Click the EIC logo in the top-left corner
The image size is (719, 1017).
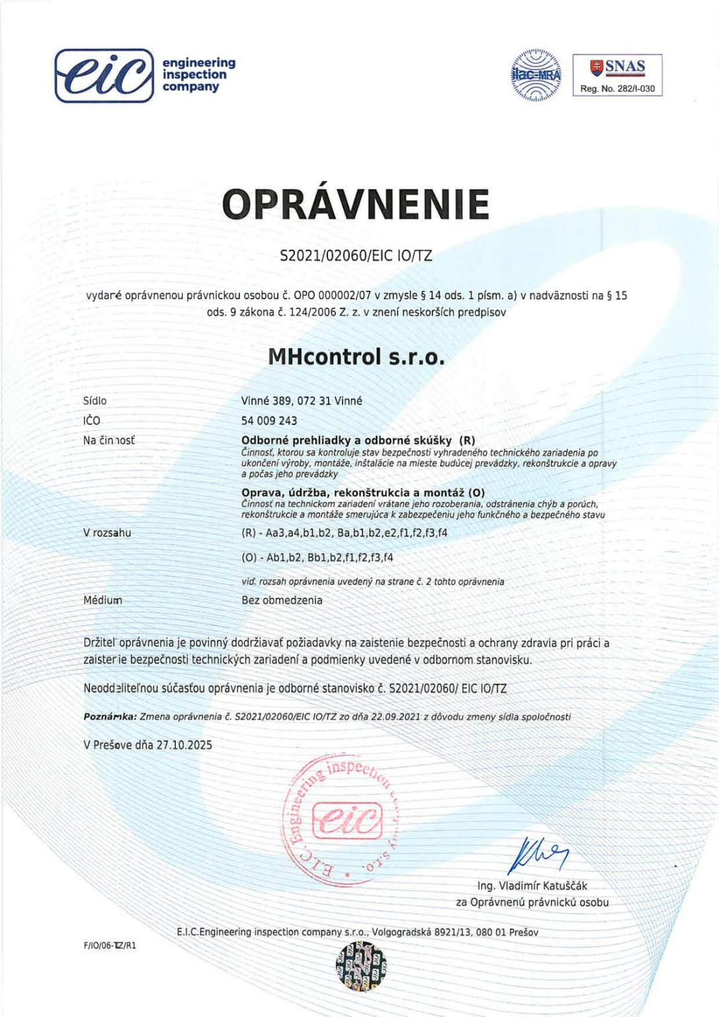click(104, 75)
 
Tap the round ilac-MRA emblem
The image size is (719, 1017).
click(536, 75)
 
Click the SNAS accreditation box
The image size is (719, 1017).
click(616, 75)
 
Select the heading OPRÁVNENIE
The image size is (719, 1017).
click(356, 204)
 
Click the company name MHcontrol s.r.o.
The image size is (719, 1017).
click(356, 357)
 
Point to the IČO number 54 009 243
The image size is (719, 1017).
click(269, 420)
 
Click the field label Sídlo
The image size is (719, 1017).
click(95, 401)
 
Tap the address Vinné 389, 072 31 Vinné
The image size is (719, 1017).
click(302, 401)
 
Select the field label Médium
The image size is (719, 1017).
click(103, 600)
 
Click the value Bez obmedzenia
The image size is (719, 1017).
click(282, 600)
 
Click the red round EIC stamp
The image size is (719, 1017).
click(341, 820)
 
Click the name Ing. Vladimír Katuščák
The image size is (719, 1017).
click(532, 886)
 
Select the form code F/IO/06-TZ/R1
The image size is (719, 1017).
click(110, 945)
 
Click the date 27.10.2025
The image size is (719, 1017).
click(184, 745)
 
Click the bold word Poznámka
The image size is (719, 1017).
click(110, 716)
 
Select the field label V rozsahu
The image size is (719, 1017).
click(107, 532)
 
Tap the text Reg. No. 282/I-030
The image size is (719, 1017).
click(617, 89)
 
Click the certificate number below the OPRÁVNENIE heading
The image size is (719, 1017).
click(356, 256)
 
